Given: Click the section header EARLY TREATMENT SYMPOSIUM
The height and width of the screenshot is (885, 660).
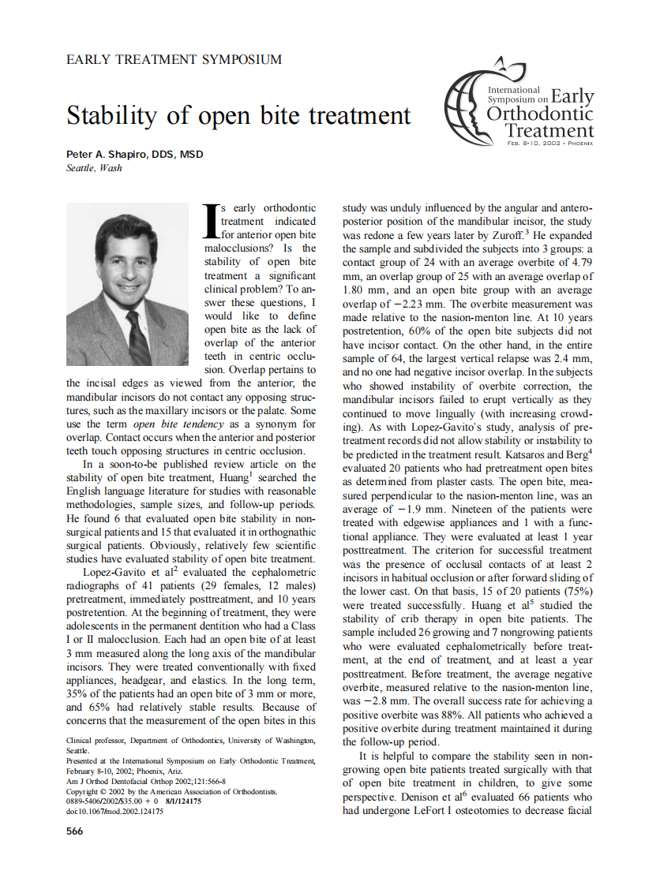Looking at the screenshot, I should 174,59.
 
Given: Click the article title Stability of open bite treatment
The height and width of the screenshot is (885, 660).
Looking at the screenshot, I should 238,115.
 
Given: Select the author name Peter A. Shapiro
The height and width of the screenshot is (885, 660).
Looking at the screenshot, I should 135,155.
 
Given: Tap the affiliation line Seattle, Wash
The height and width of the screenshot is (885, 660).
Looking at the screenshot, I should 94,167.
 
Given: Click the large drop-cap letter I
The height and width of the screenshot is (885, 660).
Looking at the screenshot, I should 211,221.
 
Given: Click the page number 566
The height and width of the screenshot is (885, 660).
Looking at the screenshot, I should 75,831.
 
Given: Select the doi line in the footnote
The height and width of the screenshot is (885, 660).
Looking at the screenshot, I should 114,811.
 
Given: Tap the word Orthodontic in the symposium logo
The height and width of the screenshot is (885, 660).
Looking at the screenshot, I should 540,114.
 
